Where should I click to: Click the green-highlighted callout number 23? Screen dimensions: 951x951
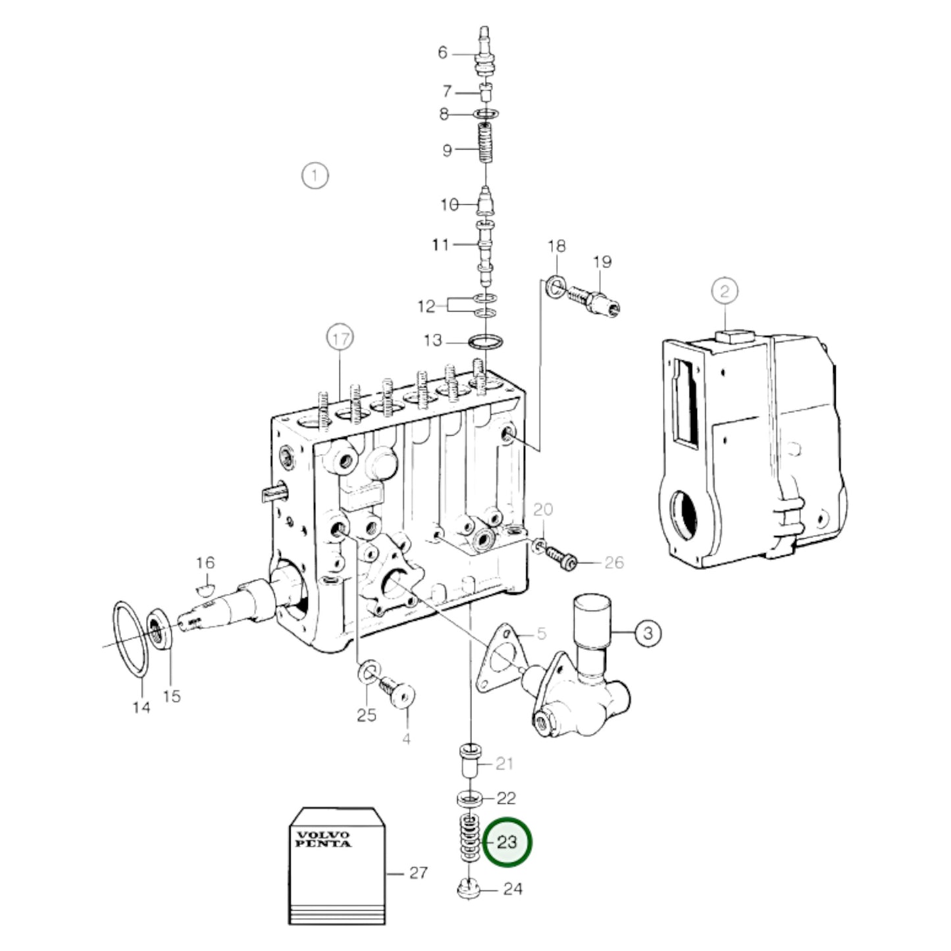(507, 842)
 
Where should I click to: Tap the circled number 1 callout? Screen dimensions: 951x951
(315, 176)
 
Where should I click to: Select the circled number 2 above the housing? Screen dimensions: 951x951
(725, 291)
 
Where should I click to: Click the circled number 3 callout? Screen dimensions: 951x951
(648, 633)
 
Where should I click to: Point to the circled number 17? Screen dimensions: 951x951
(340, 340)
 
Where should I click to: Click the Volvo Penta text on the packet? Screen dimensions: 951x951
(323, 839)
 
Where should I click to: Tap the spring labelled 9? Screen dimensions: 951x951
(485, 146)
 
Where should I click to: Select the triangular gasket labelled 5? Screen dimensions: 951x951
(500, 658)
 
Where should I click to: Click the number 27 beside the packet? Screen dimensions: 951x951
(419, 873)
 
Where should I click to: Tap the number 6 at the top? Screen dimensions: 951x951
(442, 52)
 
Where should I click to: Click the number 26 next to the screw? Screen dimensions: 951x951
(613, 563)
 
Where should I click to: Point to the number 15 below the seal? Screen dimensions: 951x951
(171, 696)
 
